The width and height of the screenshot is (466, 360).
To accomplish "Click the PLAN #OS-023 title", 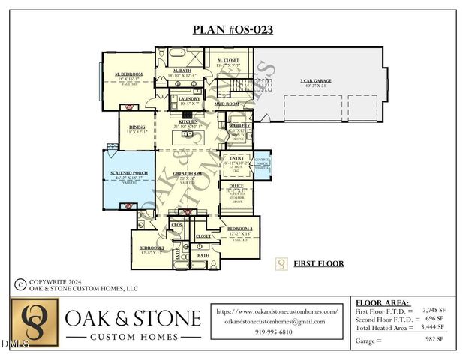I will tap(233, 30).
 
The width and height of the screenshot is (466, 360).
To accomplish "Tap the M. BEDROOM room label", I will tap(129, 73).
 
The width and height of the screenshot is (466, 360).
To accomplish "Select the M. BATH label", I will tap(182, 71).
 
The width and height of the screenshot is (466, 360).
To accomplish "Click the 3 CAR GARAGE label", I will tap(316, 80).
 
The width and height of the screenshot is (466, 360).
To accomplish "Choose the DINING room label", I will tap(137, 127).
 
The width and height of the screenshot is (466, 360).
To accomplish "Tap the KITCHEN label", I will tap(188, 121).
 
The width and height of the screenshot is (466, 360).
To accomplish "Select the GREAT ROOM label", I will tap(187, 174).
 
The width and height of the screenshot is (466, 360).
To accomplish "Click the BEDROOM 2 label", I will tap(239, 228).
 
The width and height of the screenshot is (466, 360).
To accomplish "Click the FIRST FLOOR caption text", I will tap(319, 264).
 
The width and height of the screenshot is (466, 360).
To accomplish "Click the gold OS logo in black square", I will tap(34, 323).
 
